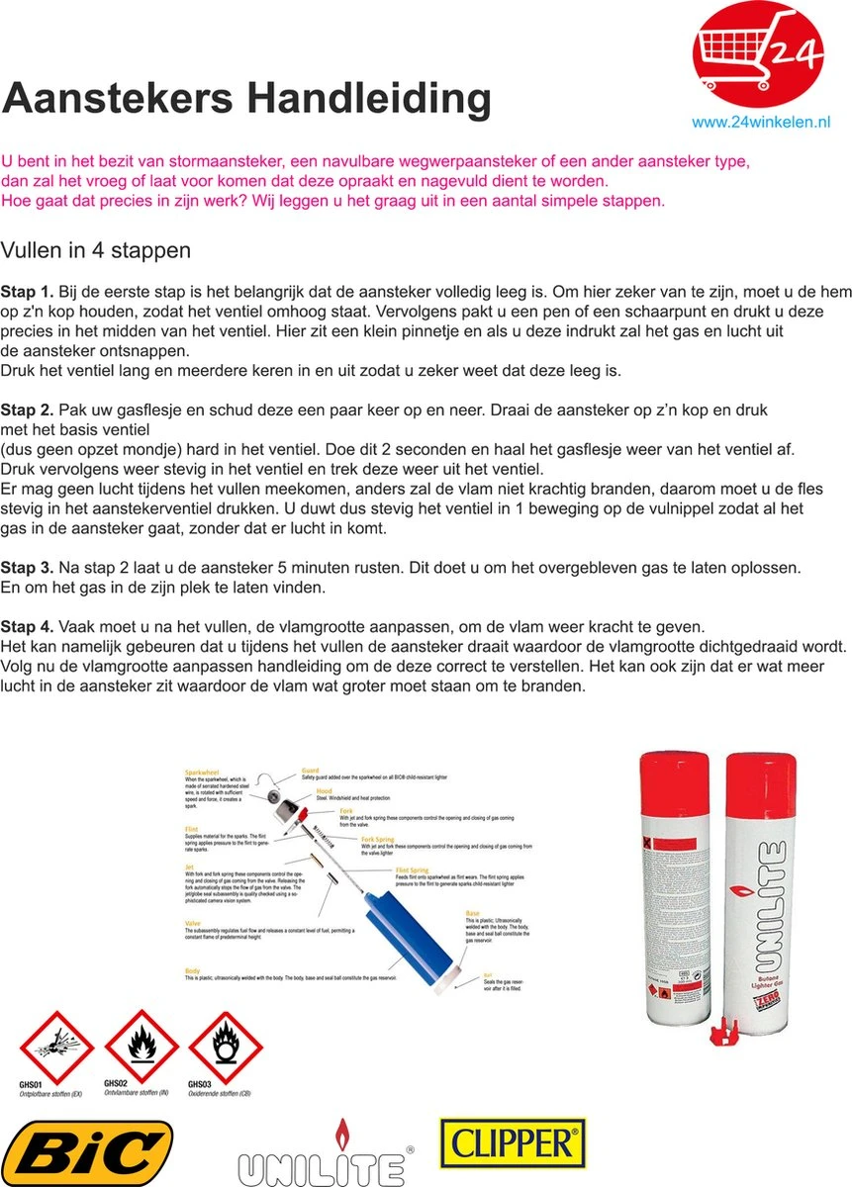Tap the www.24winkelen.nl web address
click(760, 123)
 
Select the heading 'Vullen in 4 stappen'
click(96, 250)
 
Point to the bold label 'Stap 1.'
click(28, 292)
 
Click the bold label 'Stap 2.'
click(28, 410)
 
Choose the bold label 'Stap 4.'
click(28, 627)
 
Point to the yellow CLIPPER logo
click(513, 1144)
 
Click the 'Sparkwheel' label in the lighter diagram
click(204, 772)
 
